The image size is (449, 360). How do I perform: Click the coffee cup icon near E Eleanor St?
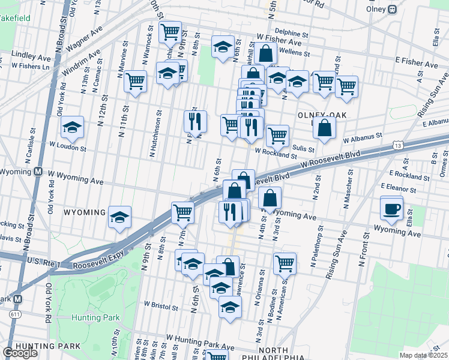click(391, 209)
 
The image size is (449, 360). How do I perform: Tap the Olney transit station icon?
click(393, 10)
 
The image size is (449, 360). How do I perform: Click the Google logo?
click(20, 352)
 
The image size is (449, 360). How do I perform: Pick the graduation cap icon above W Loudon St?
click(72, 128)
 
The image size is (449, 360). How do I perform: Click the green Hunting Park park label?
click(95, 317)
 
